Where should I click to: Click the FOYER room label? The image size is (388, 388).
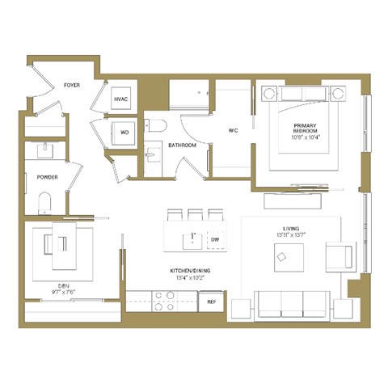pyautogui.click(x=72, y=84)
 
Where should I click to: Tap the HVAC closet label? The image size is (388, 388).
pyautogui.click(x=121, y=99)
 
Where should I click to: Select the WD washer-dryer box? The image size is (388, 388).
pyautogui.click(x=124, y=132)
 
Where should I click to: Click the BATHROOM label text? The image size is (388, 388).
pyautogui.click(x=182, y=145)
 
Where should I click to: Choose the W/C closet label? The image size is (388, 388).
pyautogui.click(x=233, y=129)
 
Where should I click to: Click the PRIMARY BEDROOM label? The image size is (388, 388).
pyautogui.click(x=305, y=126)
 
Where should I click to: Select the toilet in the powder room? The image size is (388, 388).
pyautogui.click(x=45, y=202)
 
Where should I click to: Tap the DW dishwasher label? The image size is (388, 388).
pyautogui.click(x=214, y=240)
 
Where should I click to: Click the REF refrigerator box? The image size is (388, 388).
pyautogui.click(x=212, y=302)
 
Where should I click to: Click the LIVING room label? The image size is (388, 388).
pyautogui.click(x=291, y=229)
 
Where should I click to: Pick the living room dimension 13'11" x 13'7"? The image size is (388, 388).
pyautogui.click(x=291, y=236)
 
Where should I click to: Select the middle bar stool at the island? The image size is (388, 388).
pyautogui.click(x=194, y=216)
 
